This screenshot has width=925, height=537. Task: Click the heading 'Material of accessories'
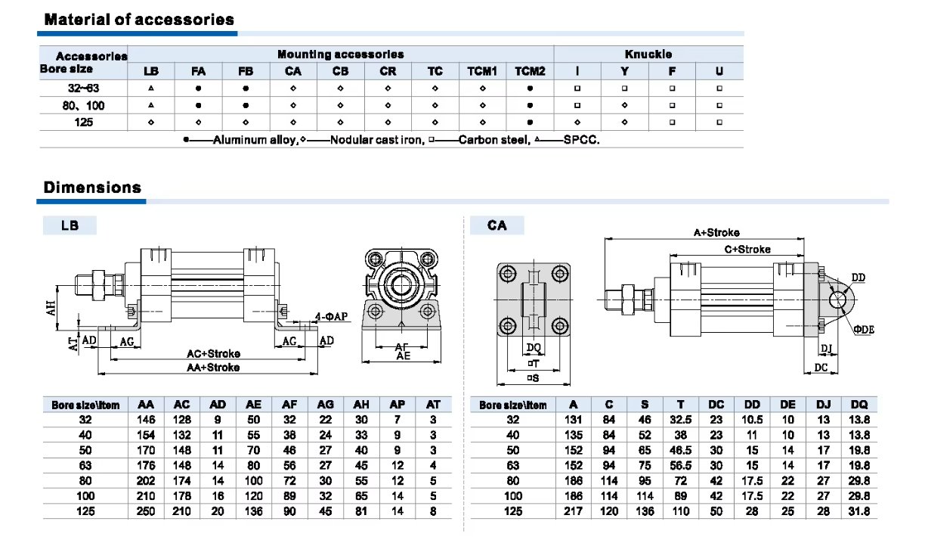coord(139,20)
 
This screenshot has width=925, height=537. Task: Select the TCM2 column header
coord(530,71)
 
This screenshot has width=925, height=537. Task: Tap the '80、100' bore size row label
coord(83,105)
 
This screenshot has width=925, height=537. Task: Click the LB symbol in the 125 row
coord(151,123)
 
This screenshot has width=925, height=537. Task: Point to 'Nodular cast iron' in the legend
coord(376,140)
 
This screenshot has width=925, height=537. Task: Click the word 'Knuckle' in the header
coord(648,54)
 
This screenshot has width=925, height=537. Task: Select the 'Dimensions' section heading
coord(92,188)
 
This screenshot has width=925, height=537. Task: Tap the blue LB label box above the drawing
coord(70,225)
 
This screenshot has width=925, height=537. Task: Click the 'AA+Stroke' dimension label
coord(213,367)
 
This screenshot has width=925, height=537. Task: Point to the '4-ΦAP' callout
coord(331,317)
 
